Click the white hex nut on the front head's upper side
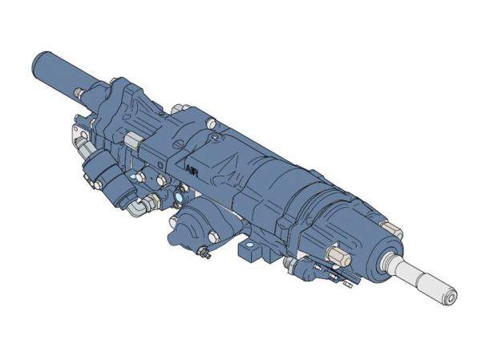(x=339, y=259)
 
